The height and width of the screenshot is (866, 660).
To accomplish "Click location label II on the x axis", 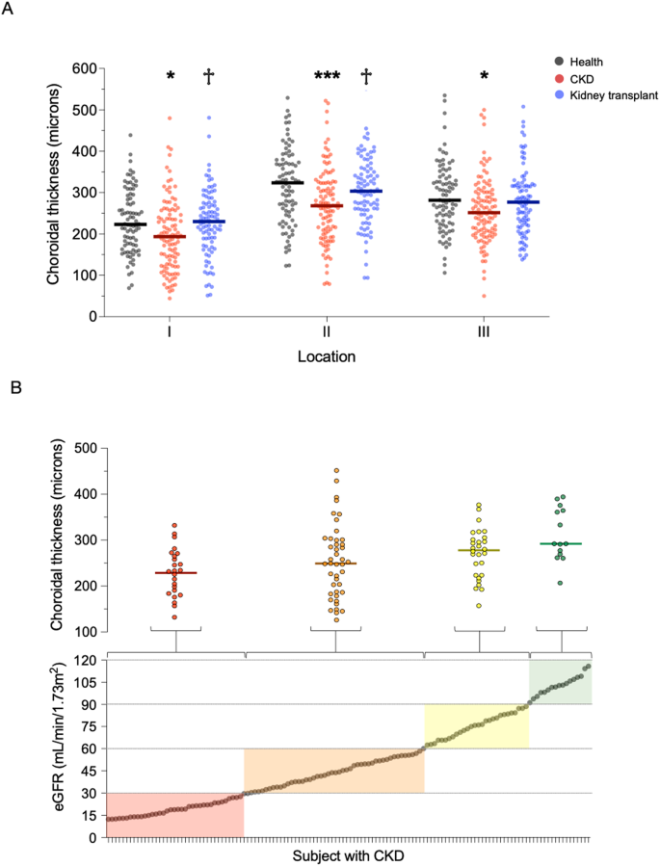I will pyautogui.click(x=328, y=333).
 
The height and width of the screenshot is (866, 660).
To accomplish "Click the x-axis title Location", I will pyautogui.click(x=328, y=357).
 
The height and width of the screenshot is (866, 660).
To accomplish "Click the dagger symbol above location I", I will pyautogui.click(x=208, y=77).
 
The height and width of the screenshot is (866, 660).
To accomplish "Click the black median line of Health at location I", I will pyautogui.click(x=129, y=224).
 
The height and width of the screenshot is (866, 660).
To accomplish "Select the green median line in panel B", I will pyautogui.click(x=561, y=543).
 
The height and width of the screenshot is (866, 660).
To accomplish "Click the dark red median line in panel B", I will pyautogui.click(x=175, y=573).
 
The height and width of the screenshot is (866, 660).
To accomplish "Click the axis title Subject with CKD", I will pyautogui.click(x=348, y=855).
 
